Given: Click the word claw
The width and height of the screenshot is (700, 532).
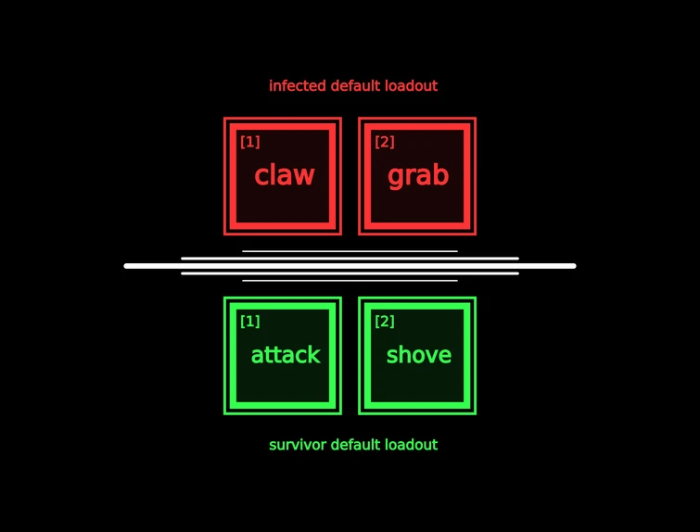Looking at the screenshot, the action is [285, 174].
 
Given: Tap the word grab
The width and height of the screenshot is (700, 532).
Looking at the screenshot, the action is [418, 176].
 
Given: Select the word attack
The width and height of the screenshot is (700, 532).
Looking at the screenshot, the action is [286, 355].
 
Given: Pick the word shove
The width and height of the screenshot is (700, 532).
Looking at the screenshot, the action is [419, 355].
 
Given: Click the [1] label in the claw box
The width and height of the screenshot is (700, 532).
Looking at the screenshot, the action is [250, 142].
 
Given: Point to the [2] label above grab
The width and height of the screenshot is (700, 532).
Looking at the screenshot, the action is [385, 142].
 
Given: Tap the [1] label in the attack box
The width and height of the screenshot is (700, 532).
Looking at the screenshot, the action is [250, 321].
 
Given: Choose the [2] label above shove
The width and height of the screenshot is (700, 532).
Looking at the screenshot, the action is [385, 321].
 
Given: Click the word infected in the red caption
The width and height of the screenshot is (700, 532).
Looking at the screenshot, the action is [298, 85].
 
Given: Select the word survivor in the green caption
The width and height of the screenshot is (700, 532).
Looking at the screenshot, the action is [298, 445].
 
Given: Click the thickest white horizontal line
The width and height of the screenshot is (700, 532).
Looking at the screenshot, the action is [350, 266].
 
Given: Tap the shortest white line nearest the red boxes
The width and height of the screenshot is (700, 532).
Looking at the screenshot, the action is [350, 251].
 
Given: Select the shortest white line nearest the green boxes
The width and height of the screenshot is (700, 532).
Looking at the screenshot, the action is [350, 281].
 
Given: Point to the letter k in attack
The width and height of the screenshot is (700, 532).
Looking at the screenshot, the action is [313, 354].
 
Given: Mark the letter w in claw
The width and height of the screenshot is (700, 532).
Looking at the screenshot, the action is [305, 177].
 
